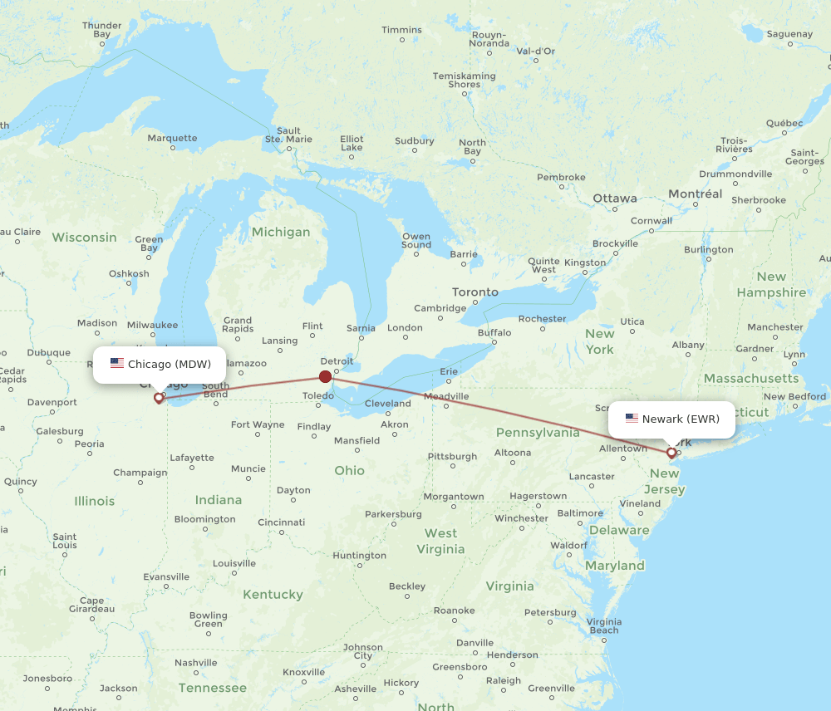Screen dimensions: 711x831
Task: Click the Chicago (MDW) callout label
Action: click(x=160, y=364)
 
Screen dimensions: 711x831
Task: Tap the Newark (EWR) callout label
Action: click(x=671, y=419)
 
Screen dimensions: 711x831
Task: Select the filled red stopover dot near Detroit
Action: click(x=325, y=376)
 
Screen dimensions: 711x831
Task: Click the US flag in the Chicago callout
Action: click(x=117, y=364)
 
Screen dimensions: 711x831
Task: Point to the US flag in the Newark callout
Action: click(x=632, y=419)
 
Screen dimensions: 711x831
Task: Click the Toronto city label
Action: click(x=475, y=292)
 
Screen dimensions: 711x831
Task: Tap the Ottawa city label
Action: click(x=615, y=199)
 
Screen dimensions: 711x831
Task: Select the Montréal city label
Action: click(x=695, y=194)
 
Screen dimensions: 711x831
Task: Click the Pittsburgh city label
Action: click(x=452, y=456)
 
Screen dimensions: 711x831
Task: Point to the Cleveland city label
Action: click(x=387, y=403)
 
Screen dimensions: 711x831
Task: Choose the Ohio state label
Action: click(x=349, y=470)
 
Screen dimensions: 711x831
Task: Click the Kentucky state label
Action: click(x=273, y=595)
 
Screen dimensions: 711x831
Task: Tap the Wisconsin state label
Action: click(x=85, y=238)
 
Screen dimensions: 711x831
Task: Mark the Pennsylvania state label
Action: click(x=538, y=432)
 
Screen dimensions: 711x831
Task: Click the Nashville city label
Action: click(x=196, y=663)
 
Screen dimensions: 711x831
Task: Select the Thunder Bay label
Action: click(x=101, y=30)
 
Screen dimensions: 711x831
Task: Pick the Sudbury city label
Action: click(x=414, y=141)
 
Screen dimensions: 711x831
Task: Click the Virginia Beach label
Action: click(x=603, y=625)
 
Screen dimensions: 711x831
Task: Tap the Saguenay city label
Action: click(x=789, y=34)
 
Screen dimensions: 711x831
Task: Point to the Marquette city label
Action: click(x=172, y=138)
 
